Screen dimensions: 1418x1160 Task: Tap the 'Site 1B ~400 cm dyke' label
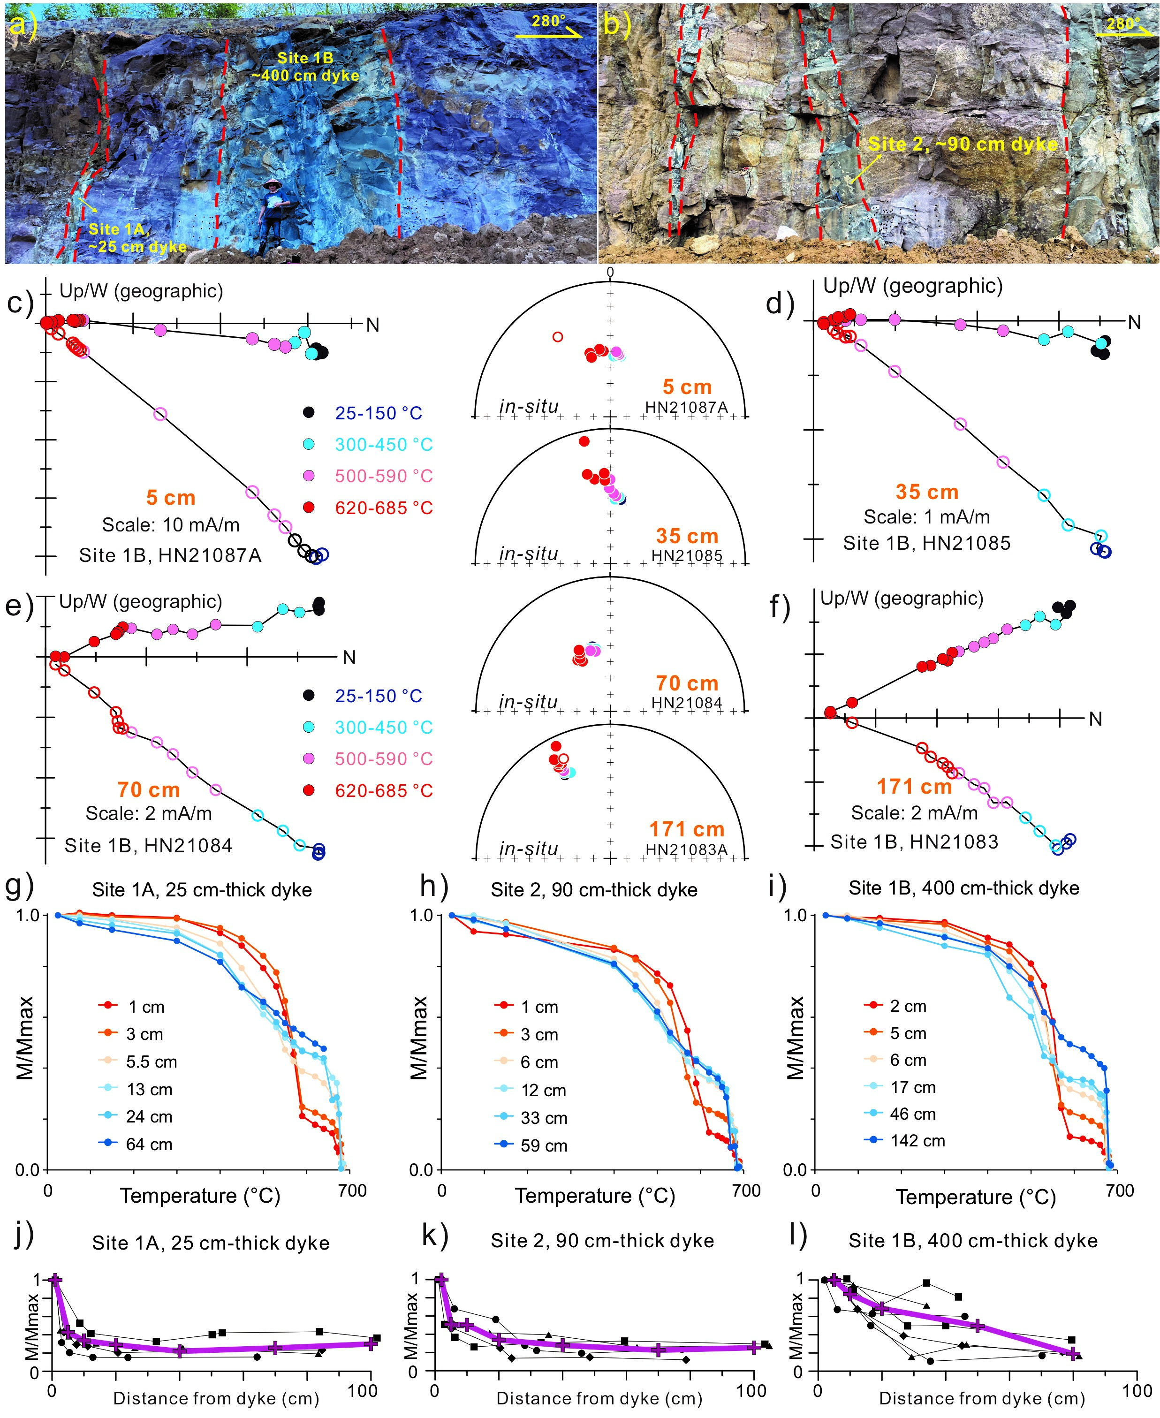click(x=305, y=67)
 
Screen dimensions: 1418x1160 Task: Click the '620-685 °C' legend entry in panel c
click(x=384, y=508)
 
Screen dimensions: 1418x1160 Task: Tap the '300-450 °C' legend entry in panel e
click(x=384, y=727)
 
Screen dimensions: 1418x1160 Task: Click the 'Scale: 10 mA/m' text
click(x=170, y=525)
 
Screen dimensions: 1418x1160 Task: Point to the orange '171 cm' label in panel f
click(x=914, y=787)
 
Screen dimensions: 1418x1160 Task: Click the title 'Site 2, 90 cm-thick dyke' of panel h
click(x=593, y=890)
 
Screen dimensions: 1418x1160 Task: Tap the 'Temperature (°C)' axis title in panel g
click(x=200, y=1196)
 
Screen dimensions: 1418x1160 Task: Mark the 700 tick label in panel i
click(x=1120, y=1190)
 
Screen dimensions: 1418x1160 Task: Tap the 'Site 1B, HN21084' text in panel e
click(x=148, y=846)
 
